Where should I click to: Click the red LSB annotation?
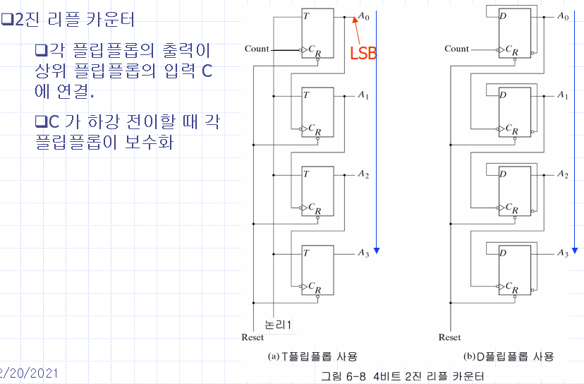(x=364, y=52)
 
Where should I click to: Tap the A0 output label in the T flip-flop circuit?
(x=363, y=16)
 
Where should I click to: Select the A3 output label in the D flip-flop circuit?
(x=563, y=253)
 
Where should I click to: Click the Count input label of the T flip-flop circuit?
(x=257, y=49)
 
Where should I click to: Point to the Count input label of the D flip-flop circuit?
(x=456, y=49)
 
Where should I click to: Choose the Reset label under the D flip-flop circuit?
(x=449, y=337)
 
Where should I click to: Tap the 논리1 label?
(x=278, y=325)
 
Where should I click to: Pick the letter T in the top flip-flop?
(x=305, y=16)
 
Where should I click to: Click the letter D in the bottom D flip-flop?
(x=504, y=253)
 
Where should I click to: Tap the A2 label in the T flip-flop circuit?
(x=363, y=174)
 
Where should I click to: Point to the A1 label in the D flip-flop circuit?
(x=563, y=95)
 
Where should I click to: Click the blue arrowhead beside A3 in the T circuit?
(x=377, y=251)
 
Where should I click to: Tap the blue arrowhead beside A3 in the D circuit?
(x=576, y=251)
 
